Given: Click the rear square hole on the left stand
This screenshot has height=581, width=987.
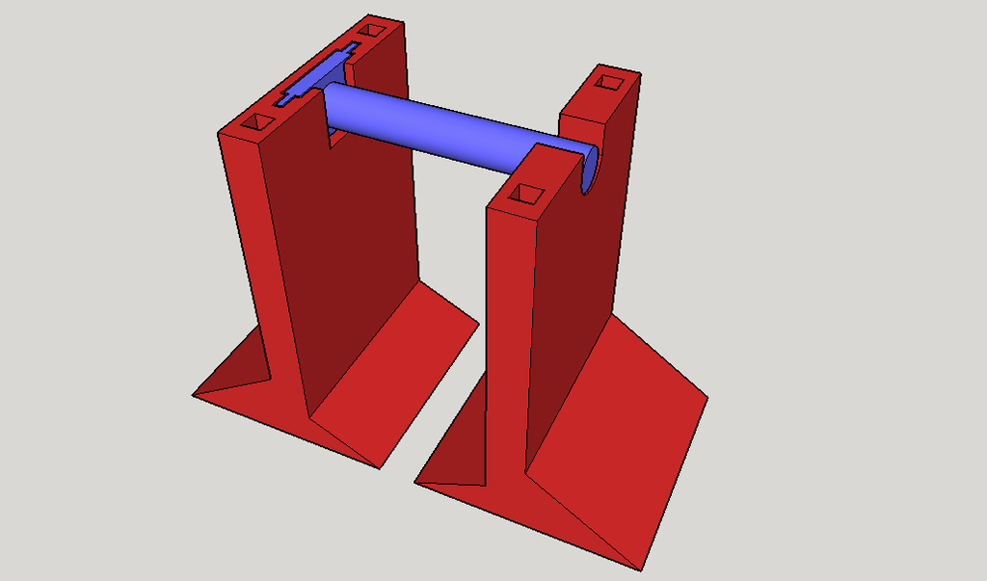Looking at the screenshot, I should pyautogui.click(x=370, y=31).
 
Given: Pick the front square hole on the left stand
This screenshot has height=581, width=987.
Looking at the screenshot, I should pyautogui.click(x=257, y=122).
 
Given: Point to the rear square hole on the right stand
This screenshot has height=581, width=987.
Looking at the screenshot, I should pyautogui.click(x=607, y=82).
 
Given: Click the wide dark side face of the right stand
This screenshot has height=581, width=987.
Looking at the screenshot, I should pyautogui.click(x=578, y=289).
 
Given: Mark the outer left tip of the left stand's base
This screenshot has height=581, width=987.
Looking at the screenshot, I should pyautogui.click(x=194, y=393).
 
